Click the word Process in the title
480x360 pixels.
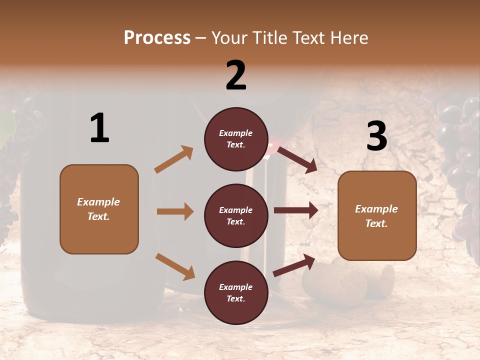click(x=157, y=37)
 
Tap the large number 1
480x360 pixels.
click(x=99, y=128)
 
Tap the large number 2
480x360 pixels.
click(x=236, y=75)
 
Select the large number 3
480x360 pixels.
click(x=376, y=136)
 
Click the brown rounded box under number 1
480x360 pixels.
click(x=99, y=209)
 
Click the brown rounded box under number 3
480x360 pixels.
click(x=377, y=216)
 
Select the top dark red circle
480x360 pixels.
click(x=236, y=139)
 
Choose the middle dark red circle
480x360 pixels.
click(x=236, y=215)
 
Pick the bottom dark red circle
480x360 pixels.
click(x=236, y=292)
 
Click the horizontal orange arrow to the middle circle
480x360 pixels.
click(x=175, y=211)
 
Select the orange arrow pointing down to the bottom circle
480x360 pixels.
click(x=175, y=266)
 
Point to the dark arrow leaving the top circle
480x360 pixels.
click(x=297, y=159)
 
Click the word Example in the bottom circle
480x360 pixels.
click(x=235, y=287)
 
